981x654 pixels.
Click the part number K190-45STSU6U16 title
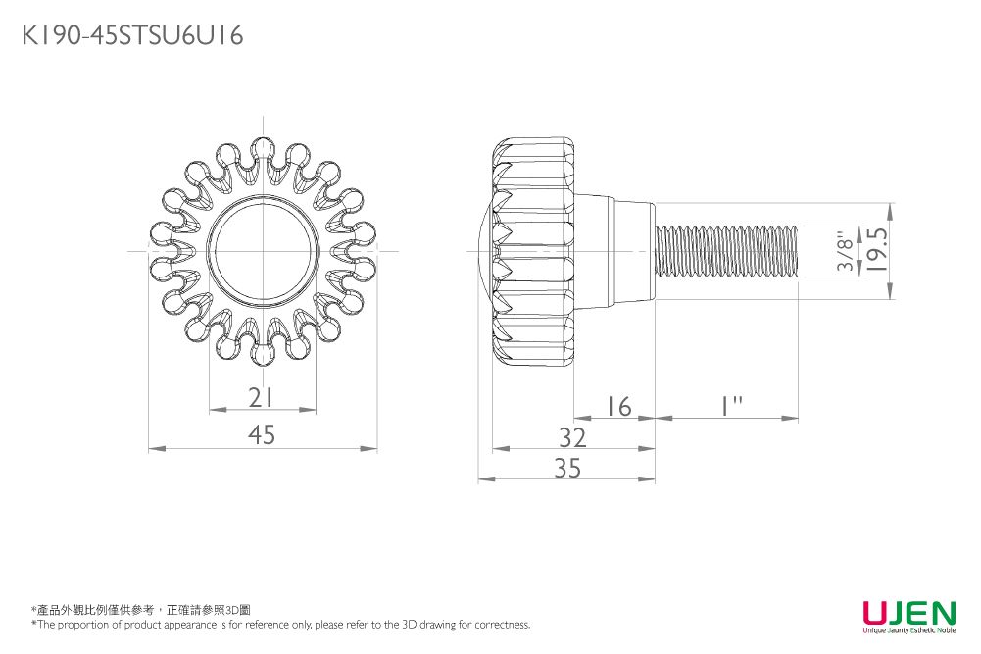click(132, 35)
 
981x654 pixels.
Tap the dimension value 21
click(261, 397)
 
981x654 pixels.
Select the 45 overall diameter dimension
click(262, 434)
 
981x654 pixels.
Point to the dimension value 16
click(618, 407)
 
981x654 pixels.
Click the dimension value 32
click(572, 438)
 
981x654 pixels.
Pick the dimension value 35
click(567, 468)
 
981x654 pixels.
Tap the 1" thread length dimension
click(730, 406)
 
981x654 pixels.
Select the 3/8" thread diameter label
click(845, 251)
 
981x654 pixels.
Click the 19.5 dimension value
click(878, 249)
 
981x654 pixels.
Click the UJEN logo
click(909, 612)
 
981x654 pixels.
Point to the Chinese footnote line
click(141, 610)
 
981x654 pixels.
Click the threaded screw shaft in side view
click(726, 251)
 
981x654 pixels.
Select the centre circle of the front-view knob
click(263, 252)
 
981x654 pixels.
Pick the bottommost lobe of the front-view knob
click(263, 352)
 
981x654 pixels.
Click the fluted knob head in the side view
click(533, 251)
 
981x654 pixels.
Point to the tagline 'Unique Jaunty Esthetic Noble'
click(909, 630)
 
